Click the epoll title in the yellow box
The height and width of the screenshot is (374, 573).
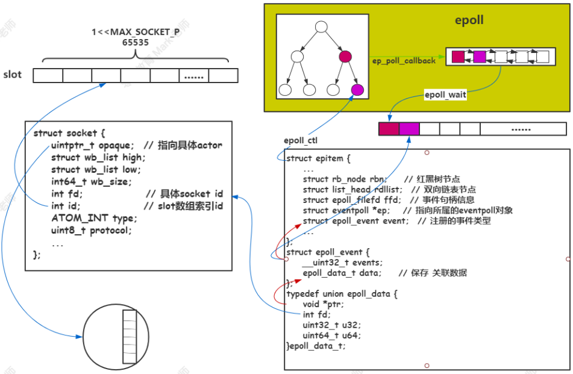coord(469,21)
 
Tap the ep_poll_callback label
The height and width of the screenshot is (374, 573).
coord(404,61)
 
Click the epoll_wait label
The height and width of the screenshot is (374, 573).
coord(446,95)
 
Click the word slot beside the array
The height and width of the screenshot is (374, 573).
coord(12,75)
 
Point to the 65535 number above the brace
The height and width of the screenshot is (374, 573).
coord(136,43)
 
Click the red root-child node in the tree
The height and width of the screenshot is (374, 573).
coord(345,57)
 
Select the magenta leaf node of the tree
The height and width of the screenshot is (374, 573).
coord(357,90)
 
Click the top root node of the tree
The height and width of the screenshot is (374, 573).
coord(321,26)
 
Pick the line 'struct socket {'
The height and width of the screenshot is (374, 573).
coord(69,133)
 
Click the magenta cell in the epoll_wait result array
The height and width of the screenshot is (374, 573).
coord(409,129)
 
